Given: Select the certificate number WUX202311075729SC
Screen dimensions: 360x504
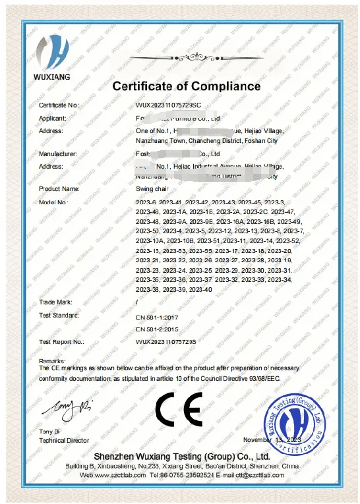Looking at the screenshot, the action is coord(169,105).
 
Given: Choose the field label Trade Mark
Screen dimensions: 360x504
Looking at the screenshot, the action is coord(55,302).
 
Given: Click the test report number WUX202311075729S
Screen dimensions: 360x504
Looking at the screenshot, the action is coord(167,342).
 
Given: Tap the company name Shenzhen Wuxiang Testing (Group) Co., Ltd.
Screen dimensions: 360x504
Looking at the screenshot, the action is coord(181,457).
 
